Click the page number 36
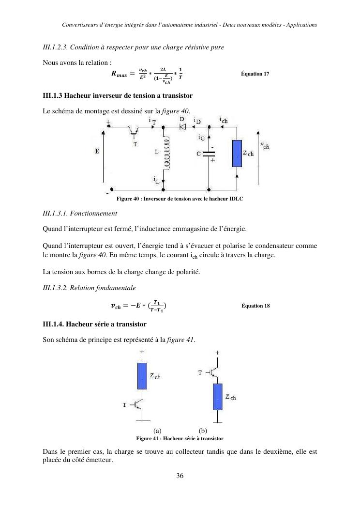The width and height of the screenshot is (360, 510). coord(180,476)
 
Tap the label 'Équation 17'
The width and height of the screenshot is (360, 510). coord(255,74)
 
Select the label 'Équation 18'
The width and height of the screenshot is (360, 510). coord(255,306)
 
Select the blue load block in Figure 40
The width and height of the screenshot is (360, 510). coord(237,154)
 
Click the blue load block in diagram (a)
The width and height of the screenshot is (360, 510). coord(142,375)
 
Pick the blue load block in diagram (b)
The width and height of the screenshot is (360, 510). coord(217,396)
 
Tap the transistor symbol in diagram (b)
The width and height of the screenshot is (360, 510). coord(214,372)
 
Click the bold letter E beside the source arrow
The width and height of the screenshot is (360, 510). coord(97,151)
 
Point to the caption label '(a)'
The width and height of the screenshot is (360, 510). coord(157,431)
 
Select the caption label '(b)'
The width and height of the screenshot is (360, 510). coord(203,431)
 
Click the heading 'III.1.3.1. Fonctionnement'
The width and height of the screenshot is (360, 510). coord(80,213)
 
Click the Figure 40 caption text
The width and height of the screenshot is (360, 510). coord(180,199)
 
